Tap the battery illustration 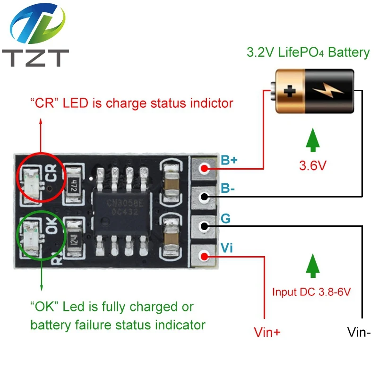click(x=312, y=90)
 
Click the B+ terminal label click(x=229, y=160)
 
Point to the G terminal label click(x=226, y=219)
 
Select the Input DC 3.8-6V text click(x=311, y=292)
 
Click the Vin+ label click(x=267, y=332)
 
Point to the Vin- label click(x=359, y=332)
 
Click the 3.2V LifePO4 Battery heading click(x=308, y=52)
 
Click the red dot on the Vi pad click(x=204, y=256)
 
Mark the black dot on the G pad click(x=204, y=226)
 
